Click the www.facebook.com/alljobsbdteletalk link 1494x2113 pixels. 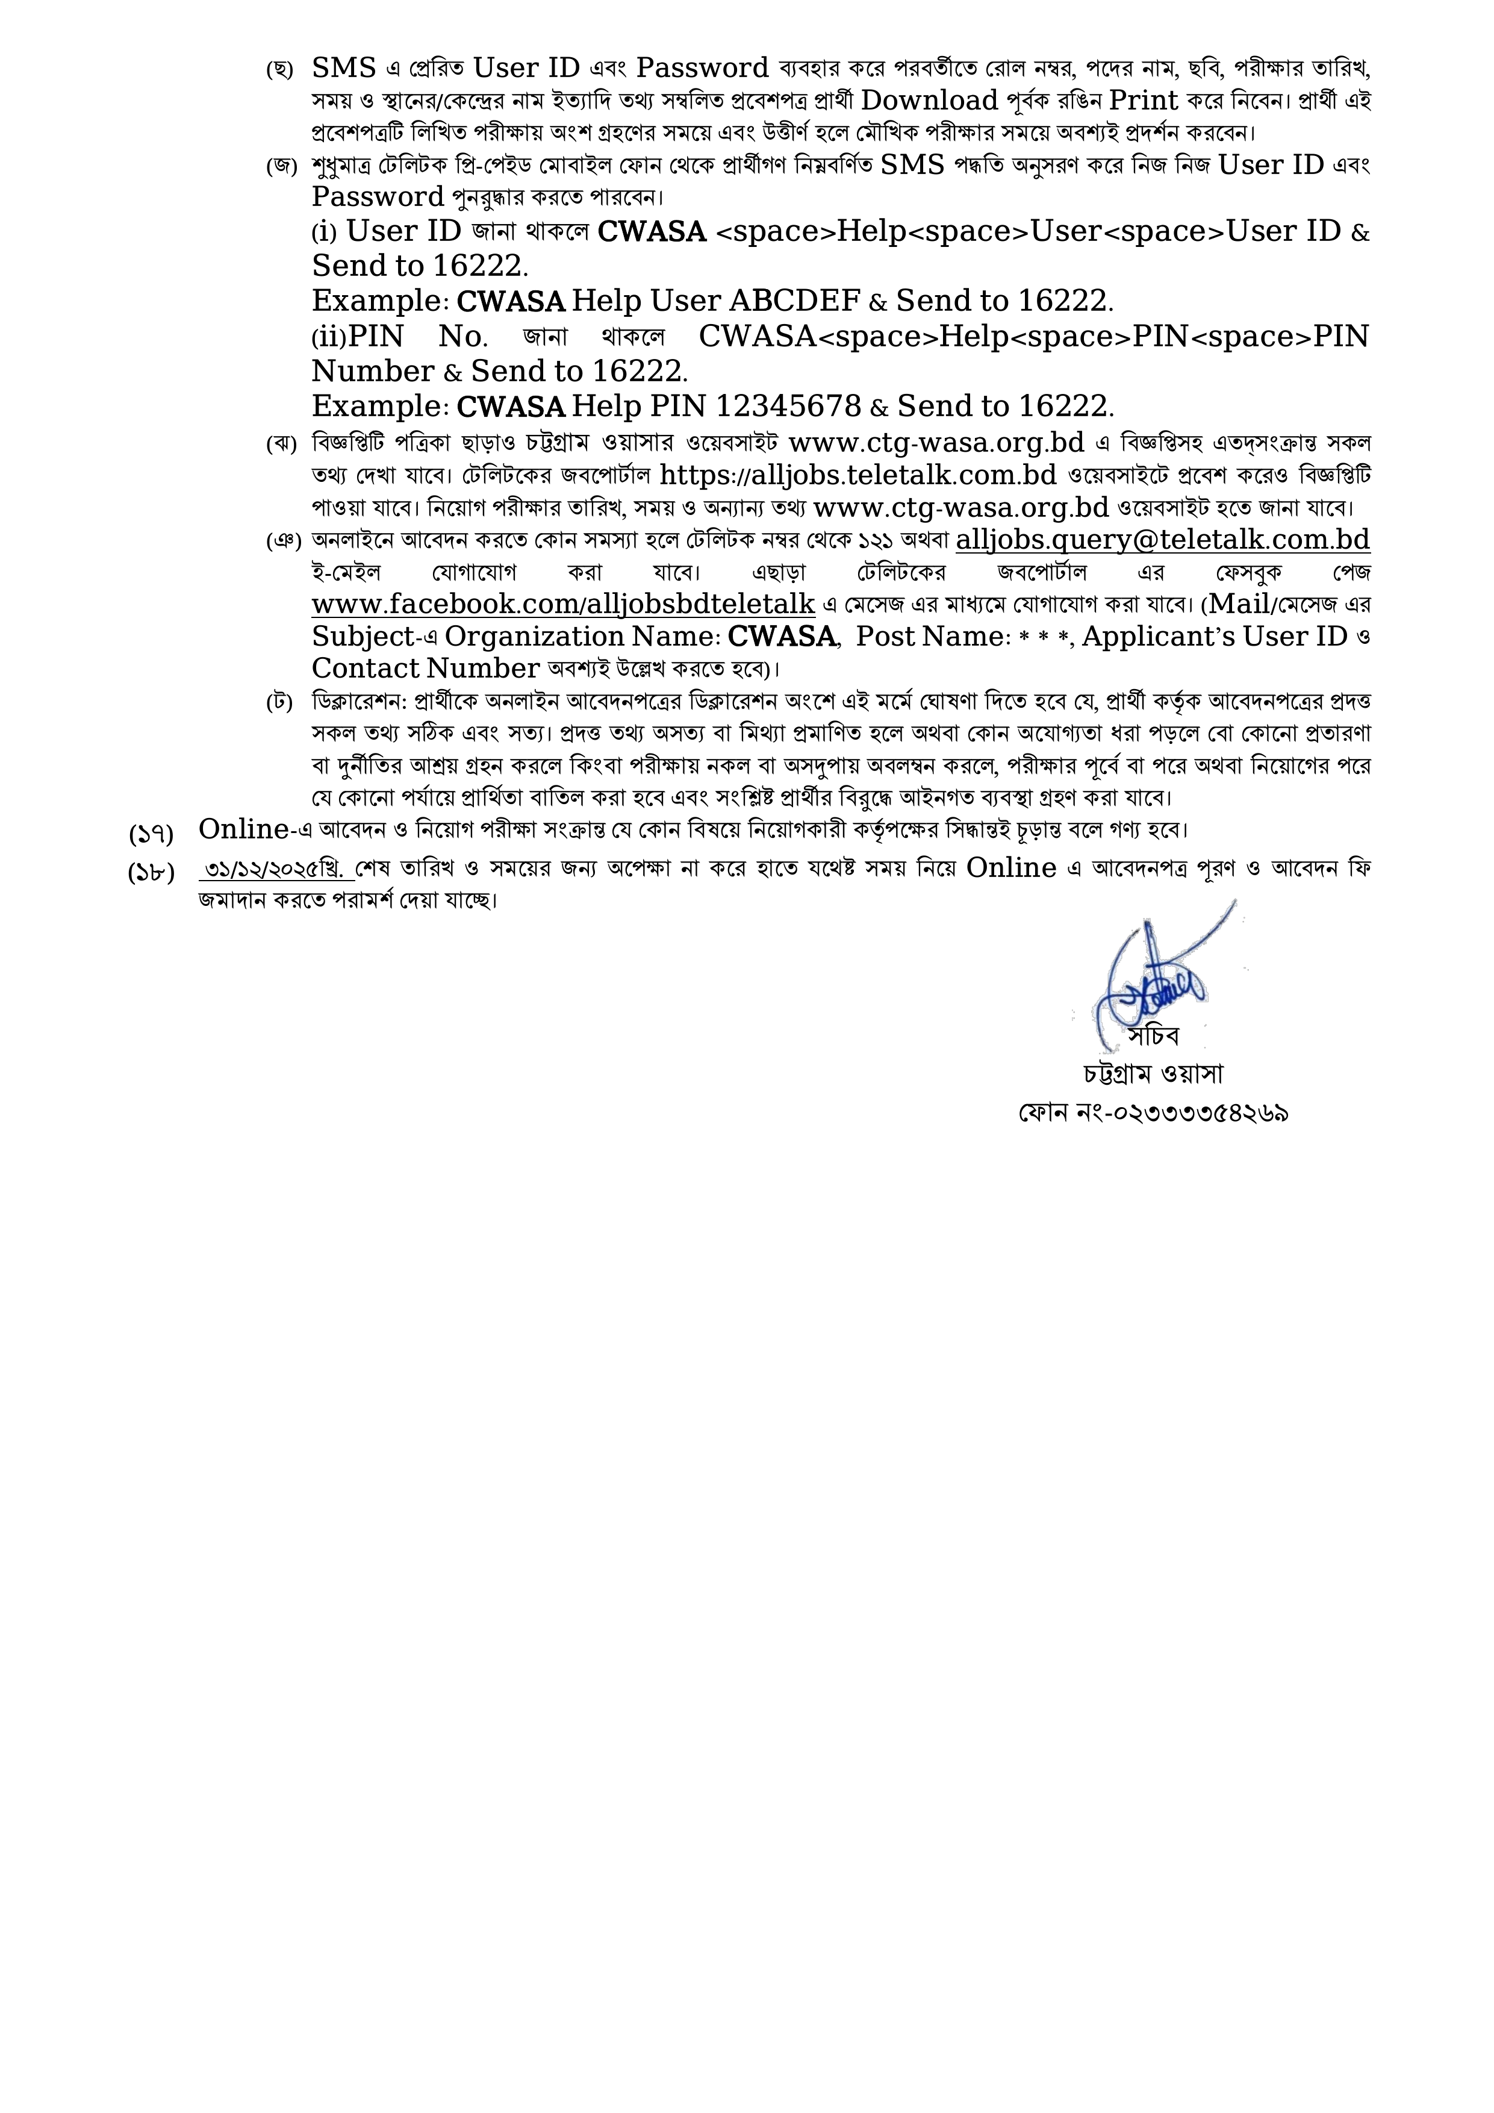(x=563, y=605)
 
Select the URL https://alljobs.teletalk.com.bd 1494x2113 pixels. (x=858, y=475)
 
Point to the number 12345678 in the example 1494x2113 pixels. (x=788, y=406)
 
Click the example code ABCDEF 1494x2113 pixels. (x=795, y=301)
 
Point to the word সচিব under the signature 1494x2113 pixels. (x=1154, y=1036)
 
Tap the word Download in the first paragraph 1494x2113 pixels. (x=929, y=101)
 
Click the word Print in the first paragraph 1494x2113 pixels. (x=1144, y=101)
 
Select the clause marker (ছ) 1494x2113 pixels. (x=279, y=70)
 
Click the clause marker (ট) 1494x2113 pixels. (x=279, y=703)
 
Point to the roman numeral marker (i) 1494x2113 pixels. (x=325, y=232)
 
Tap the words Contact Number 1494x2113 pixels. (x=425, y=668)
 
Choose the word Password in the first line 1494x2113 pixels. (x=702, y=68)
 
